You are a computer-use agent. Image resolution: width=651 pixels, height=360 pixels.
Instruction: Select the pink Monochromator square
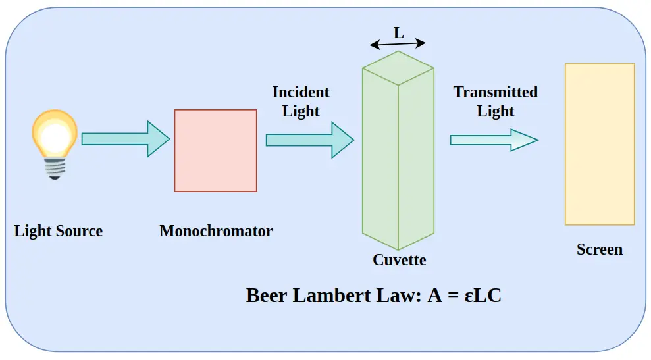coord(215,151)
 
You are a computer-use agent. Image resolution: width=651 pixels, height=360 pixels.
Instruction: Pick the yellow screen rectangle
coord(600,144)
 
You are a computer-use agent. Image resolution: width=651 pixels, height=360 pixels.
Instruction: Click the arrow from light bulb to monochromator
coord(125,139)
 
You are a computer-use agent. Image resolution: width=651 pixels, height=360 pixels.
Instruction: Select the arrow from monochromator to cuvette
coord(309,140)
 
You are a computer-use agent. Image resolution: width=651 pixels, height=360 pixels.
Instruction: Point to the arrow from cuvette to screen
coord(494,140)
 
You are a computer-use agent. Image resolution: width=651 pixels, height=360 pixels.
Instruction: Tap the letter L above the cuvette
coord(399,32)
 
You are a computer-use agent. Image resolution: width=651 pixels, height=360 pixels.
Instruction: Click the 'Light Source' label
coord(59,231)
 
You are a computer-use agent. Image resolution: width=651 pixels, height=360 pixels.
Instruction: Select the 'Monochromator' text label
coord(216,231)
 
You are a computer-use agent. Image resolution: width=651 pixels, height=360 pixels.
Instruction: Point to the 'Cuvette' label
coord(399,260)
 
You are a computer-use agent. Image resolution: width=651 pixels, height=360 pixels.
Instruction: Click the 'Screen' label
coord(599,249)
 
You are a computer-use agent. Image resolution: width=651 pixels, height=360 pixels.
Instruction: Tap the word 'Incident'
coord(301,92)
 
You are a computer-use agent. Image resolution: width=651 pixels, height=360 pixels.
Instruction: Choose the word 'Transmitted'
coord(495,92)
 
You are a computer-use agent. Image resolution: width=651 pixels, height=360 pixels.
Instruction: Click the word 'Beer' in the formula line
coord(267,296)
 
